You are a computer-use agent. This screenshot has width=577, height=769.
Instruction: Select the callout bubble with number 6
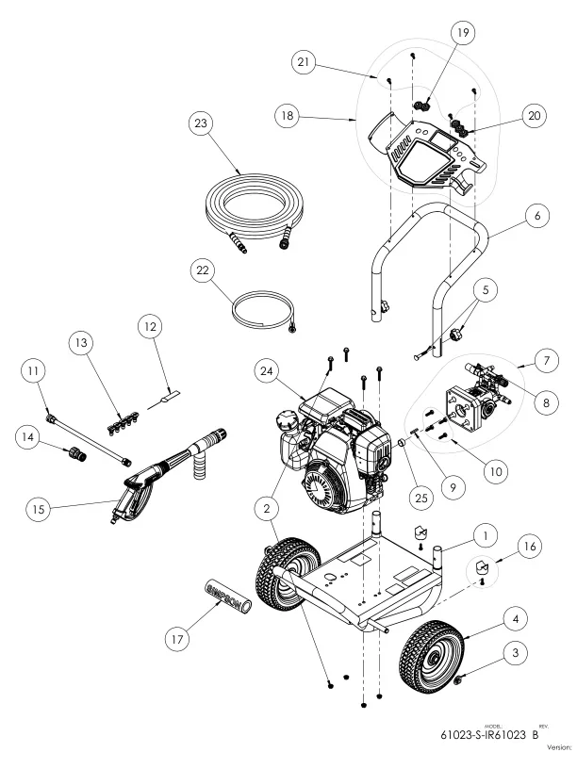click(536, 217)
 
